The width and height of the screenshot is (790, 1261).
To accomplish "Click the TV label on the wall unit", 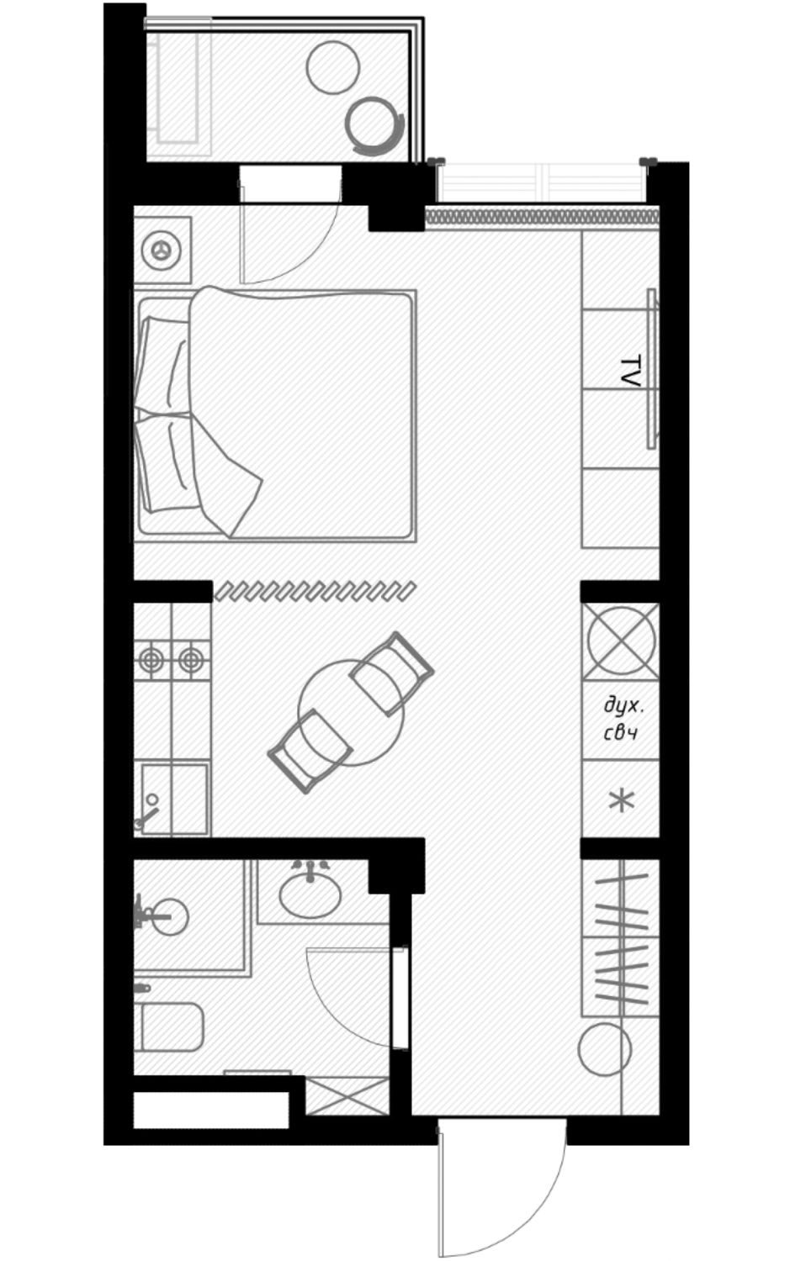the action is click(x=630, y=371).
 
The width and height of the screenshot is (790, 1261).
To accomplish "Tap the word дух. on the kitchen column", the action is click(x=623, y=706).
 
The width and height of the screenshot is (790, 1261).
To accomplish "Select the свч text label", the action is click(x=620, y=733).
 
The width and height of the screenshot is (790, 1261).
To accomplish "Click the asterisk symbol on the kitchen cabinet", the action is click(x=622, y=800).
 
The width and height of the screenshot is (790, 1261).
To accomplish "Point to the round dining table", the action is click(x=351, y=713).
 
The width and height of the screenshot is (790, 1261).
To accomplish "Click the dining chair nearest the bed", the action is click(x=392, y=673).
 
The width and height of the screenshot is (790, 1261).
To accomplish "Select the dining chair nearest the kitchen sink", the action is click(x=310, y=751).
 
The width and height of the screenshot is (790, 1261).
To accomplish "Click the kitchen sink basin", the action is click(x=173, y=799).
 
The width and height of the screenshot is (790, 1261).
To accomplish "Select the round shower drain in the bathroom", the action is click(x=170, y=917).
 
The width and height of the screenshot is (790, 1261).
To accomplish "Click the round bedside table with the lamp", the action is click(x=162, y=250).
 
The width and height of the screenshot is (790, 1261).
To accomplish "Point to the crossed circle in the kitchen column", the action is click(x=621, y=641).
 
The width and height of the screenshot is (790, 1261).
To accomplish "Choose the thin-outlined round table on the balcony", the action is click(x=332, y=67).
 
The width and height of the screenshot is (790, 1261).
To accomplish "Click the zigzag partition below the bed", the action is click(x=315, y=591).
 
